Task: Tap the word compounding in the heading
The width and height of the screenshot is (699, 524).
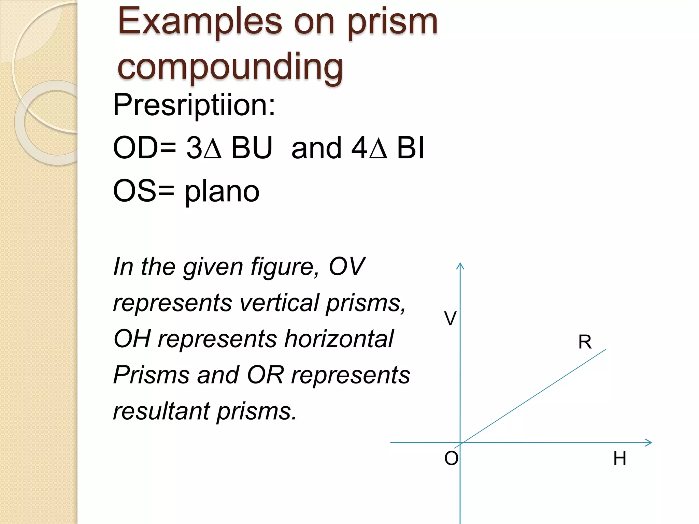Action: (x=230, y=67)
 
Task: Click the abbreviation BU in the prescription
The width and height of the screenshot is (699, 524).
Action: (x=252, y=148)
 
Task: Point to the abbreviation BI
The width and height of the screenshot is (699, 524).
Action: (x=410, y=148)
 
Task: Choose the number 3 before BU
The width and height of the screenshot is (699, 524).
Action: (x=194, y=148)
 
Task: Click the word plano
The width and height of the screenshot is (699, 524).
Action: (x=222, y=192)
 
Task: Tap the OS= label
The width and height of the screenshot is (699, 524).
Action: (x=143, y=191)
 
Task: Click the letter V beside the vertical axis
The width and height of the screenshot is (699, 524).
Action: (x=450, y=319)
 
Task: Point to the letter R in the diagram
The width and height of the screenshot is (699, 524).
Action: (x=585, y=342)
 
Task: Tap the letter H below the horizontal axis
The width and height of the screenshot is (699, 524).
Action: (x=619, y=458)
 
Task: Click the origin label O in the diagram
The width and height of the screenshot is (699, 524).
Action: (x=451, y=458)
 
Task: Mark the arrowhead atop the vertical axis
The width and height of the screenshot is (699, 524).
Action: (x=460, y=265)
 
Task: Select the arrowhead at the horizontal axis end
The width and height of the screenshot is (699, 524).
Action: (x=649, y=443)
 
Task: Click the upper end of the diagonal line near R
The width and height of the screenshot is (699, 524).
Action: (x=604, y=350)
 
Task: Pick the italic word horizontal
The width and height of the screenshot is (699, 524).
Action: (x=339, y=339)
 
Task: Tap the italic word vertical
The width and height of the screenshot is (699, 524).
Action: (x=279, y=303)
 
